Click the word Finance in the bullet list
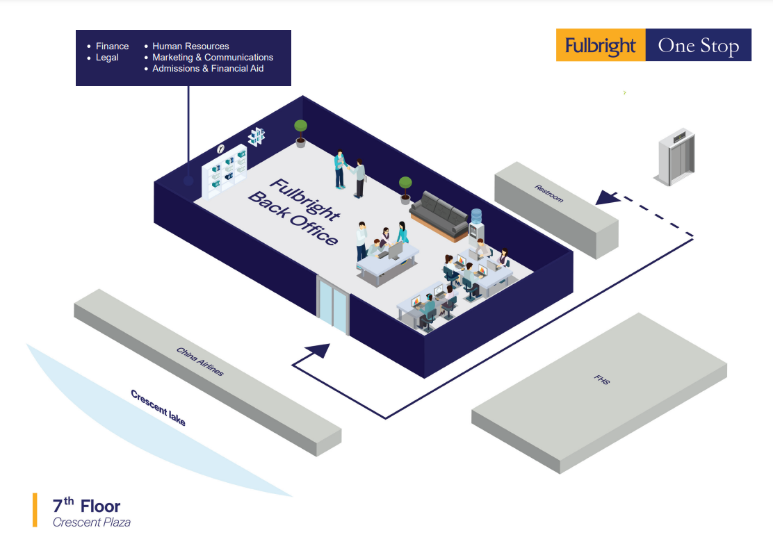[112, 47]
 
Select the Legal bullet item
[107, 58]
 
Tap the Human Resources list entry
[190, 47]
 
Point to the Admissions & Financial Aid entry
[208, 69]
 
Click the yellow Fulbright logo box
[601, 45]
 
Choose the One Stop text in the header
[698, 46]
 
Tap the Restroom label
[549, 194]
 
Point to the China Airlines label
[200, 361]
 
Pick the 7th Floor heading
[86, 506]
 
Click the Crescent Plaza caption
[91, 522]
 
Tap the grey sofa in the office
[439, 211]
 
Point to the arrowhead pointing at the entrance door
[320, 350]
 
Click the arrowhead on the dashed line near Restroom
[609, 197]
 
